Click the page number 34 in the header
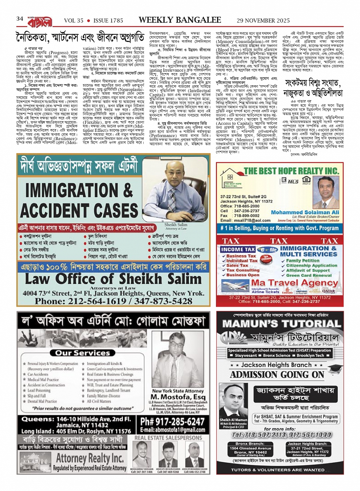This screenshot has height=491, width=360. point(20,19)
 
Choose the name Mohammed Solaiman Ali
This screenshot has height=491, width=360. point(305,212)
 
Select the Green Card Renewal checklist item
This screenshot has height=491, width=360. point(309,275)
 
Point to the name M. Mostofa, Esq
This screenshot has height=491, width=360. point(178,397)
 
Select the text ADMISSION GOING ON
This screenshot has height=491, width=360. point(277,375)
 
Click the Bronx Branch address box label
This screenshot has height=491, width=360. point(250,444)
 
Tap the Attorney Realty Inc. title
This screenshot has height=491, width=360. point(90,458)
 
